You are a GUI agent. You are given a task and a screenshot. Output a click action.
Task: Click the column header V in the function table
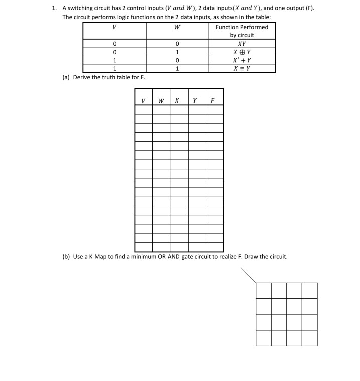[115, 27]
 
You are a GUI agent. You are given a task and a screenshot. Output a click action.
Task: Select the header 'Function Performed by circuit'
[242, 31]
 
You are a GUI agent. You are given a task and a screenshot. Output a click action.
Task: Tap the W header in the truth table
[160, 100]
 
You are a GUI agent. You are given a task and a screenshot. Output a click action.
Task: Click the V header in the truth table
[144, 100]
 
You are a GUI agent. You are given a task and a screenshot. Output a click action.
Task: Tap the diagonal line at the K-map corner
[248, 275]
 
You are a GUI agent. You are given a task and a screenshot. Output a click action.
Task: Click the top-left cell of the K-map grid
[264, 290]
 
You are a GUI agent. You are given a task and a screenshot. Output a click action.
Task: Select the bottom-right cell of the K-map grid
[309, 337]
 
